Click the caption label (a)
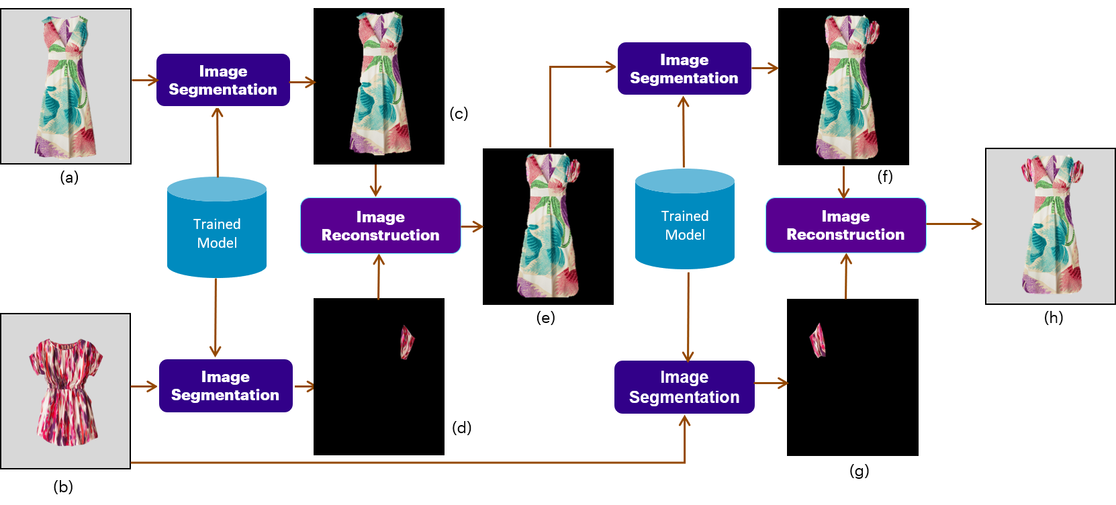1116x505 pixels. click(69, 177)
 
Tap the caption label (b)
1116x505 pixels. click(63, 486)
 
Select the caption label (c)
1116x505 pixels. click(459, 113)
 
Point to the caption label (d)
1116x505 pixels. click(461, 428)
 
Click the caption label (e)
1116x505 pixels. click(545, 318)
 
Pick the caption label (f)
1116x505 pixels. click(885, 177)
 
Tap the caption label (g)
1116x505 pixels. click(859, 471)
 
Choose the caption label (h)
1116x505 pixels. click(1053, 318)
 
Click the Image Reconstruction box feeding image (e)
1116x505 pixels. click(380, 226)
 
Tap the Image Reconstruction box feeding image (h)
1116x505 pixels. click(845, 226)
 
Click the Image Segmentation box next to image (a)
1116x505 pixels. click(223, 81)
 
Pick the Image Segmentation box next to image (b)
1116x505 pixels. click(225, 386)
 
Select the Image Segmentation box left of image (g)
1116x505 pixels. click(684, 387)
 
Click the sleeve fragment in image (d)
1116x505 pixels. click(407, 342)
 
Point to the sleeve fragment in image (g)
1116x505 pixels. click(818, 340)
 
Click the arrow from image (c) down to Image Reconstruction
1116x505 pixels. click(375, 180)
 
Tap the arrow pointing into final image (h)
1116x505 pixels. click(954, 224)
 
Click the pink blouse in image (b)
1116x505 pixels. click(65, 391)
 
